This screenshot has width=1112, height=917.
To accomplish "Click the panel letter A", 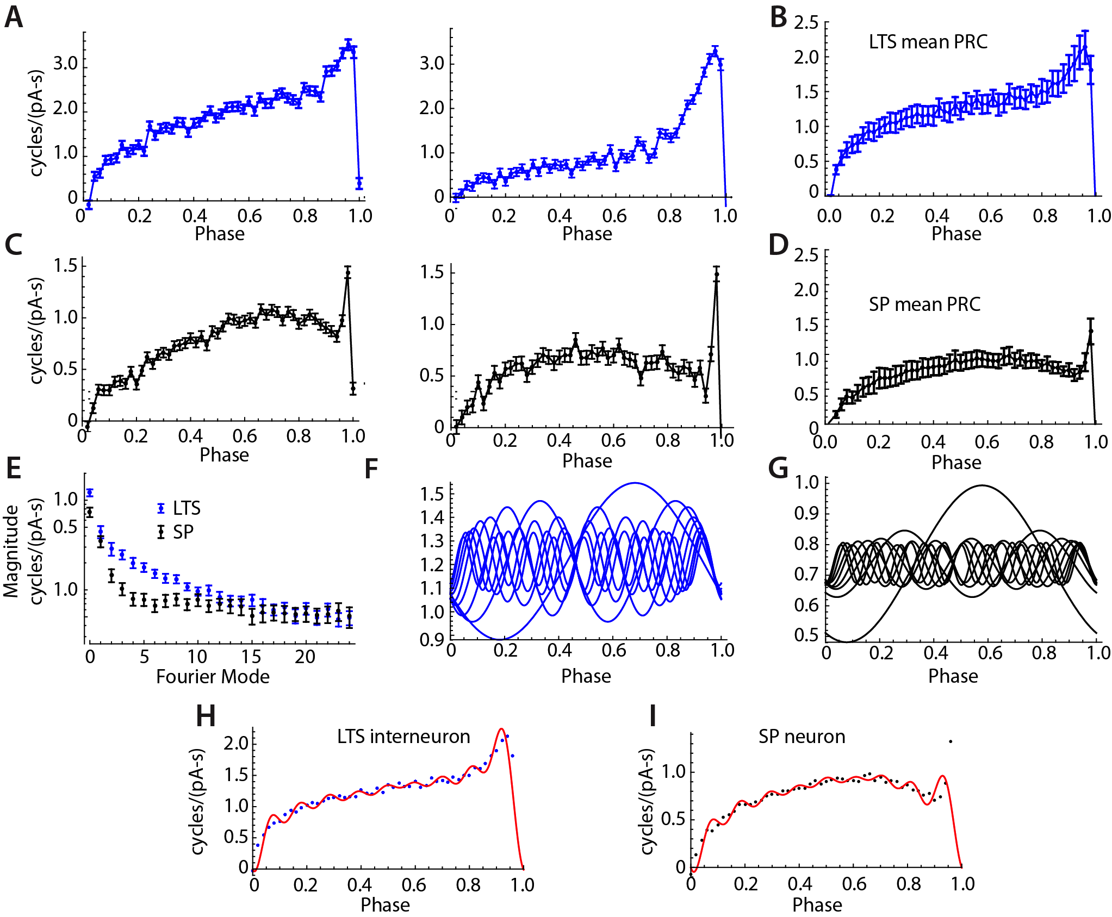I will click(14, 17).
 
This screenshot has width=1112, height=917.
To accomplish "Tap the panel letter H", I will click(206, 716).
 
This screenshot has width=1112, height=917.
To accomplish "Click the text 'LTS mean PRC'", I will click(928, 42).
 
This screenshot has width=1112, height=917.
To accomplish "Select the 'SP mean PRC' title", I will click(924, 304).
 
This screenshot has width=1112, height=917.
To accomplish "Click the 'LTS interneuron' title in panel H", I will click(403, 737).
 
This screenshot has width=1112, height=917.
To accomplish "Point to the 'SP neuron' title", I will click(802, 737).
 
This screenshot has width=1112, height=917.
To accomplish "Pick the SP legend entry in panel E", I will click(176, 532).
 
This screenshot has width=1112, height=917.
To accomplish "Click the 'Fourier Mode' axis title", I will click(213, 677).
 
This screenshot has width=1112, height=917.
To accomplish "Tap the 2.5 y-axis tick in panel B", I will click(806, 23).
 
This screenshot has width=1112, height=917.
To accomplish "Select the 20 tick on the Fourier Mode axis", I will click(305, 657).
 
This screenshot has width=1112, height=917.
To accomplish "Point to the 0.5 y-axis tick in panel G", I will click(806, 635).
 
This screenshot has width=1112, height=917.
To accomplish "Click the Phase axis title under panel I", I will click(817, 905).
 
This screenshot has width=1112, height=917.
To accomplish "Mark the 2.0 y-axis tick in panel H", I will click(235, 743).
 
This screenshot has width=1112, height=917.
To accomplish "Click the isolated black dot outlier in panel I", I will click(951, 741).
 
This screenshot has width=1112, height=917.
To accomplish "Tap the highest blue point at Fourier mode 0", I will click(90, 493).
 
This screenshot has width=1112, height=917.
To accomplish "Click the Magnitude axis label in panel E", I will click(11, 551).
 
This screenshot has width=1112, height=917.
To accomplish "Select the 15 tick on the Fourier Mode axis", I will click(251, 657).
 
